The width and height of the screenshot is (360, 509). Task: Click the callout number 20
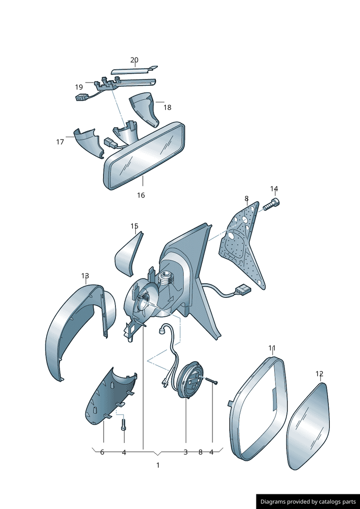pyautogui.click(x=134, y=60)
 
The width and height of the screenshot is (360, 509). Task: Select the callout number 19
pyautogui.click(x=79, y=87)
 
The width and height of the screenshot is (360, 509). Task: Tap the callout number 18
pyautogui.click(x=167, y=107)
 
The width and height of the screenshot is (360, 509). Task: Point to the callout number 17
pyautogui.click(x=60, y=142)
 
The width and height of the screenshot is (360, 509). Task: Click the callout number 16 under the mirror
pyautogui.click(x=141, y=196)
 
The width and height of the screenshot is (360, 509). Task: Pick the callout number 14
pyautogui.click(x=274, y=189)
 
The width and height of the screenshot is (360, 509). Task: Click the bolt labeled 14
pyautogui.click(x=271, y=205)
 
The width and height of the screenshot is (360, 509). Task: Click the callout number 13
pyautogui.click(x=85, y=276)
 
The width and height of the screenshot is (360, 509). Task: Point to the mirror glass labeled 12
pyautogui.click(x=308, y=427)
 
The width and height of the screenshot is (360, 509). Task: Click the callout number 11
pyautogui.click(x=272, y=348)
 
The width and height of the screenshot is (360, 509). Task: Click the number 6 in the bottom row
pyautogui.click(x=102, y=452)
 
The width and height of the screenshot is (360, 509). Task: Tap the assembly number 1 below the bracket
pyautogui.click(x=158, y=465)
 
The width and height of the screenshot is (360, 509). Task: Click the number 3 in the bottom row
pyautogui.click(x=186, y=452)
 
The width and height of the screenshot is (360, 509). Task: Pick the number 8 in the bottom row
pyautogui.click(x=200, y=452)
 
